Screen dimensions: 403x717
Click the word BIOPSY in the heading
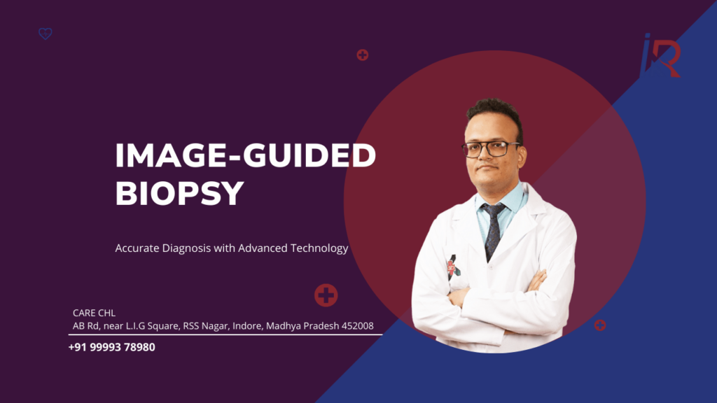tap(180, 193)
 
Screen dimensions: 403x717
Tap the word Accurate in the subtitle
tap(137, 248)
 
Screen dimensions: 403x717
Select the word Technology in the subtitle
tap(323, 248)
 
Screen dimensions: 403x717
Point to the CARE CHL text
tap(94, 313)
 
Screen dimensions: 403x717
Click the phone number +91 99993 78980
tap(112, 347)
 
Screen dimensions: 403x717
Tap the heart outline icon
tap(46, 34)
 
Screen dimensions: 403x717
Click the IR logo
tap(660, 56)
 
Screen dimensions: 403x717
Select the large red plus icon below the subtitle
tap(326, 295)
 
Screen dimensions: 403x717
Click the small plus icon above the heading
tap(362, 55)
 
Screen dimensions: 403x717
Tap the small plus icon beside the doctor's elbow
tap(600, 325)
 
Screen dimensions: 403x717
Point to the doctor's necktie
tap(492, 228)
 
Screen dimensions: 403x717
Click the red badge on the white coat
tap(452, 267)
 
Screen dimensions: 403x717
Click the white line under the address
tap(224, 334)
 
